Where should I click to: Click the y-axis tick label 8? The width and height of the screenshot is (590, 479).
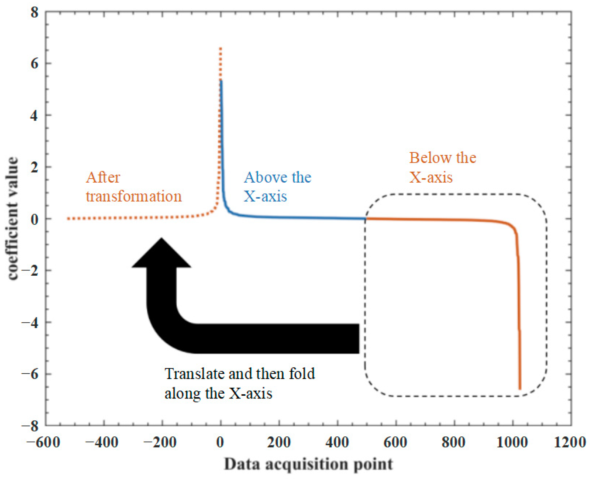pyautogui.click(x=34, y=13)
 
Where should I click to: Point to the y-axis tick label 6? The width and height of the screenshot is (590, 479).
pyautogui.click(x=34, y=64)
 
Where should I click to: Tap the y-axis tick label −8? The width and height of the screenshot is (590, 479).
pyautogui.click(x=30, y=426)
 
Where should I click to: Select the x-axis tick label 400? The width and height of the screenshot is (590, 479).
pyautogui.click(x=337, y=443)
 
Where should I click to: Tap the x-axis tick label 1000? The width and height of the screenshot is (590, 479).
pyautogui.click(x=512, y=443)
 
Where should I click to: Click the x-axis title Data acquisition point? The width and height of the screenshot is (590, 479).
pyautogui.click(x=308, y=464)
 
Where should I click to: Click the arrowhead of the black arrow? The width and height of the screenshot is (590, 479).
pyautogui.click(x=162, y=254)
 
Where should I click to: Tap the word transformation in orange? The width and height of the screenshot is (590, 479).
pyautogui.click(x=134, y=197)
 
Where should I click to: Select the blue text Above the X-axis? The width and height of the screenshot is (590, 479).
pyautogui.click(x=277, y=187)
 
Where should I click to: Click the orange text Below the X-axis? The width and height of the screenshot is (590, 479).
pyautogui.click(x=442, y=167)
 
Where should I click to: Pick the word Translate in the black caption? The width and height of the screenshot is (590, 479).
pyautogui.click(x=194, y=374)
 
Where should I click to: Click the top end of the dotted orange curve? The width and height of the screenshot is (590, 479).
pyautogui.click(x=220, y=49)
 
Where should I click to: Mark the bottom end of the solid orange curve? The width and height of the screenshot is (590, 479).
pyautogui.click(x=520, y=389)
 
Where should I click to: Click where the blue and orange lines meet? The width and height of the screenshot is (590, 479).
pyautogui.click(x=366, y=218)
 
